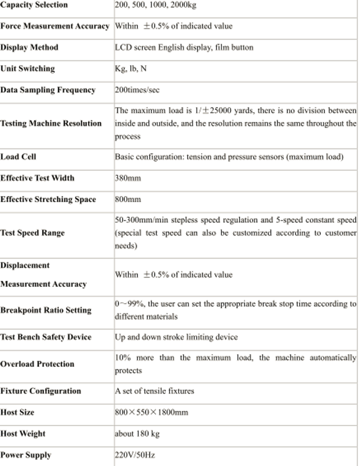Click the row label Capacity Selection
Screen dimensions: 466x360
(34, 5)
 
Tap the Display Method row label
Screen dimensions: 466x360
(29, 47)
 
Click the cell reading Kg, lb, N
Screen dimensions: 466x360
(131, 69)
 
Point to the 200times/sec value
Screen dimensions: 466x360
(137, 90)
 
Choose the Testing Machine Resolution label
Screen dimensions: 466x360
(51, 123)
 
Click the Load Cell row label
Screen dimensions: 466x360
(18, 157)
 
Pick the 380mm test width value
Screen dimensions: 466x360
(128, 178)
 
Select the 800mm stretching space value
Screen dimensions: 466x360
(128, 199)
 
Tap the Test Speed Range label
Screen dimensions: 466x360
(32, 233)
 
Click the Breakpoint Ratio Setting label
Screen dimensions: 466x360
(46, 310)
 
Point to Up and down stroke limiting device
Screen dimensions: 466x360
(176, 337)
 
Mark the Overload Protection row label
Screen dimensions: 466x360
(37, 364)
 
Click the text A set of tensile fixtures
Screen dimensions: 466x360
(154, 391)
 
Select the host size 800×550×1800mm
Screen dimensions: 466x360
(151, 412)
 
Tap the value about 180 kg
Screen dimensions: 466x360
(137, 434)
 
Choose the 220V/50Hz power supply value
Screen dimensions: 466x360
(135, 455)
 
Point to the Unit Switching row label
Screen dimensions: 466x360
(27, 69)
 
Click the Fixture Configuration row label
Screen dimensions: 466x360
(40, 391)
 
